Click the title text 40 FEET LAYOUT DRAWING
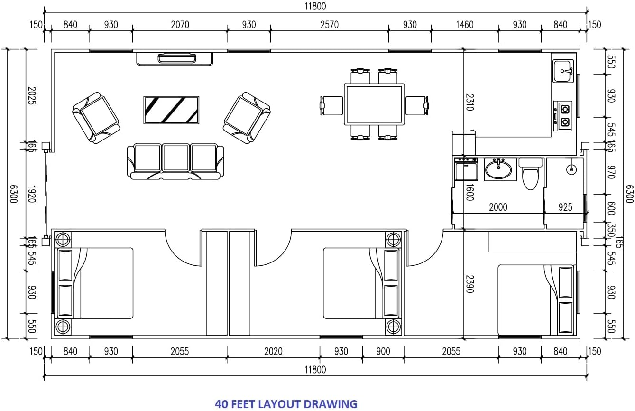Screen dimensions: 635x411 286,404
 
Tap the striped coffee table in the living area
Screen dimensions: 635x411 171,110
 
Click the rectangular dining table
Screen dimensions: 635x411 374,104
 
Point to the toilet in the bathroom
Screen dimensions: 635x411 530,174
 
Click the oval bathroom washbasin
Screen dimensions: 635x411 498,169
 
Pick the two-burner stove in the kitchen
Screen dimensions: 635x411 563,116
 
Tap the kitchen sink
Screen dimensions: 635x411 563,71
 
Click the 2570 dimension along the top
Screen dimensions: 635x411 330,25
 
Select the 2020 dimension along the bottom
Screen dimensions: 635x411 273,351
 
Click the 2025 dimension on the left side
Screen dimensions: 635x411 32,95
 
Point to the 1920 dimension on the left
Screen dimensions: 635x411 32,194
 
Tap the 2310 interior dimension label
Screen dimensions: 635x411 470,102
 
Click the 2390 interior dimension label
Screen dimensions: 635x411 470,284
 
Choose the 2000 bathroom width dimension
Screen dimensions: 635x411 498,207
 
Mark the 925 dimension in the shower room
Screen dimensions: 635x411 565,207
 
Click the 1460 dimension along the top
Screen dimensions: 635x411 465,25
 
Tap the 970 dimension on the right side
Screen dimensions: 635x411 611,172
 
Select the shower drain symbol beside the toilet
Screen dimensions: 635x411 571,169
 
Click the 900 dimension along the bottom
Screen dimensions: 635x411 383,351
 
